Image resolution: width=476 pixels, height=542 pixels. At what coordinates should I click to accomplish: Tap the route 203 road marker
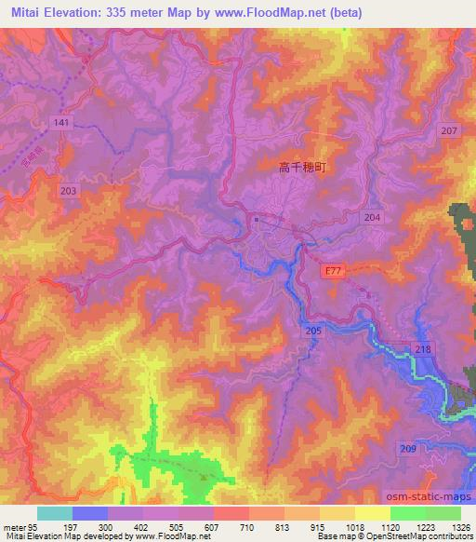pos(68,189)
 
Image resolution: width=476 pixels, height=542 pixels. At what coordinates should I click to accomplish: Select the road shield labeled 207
pos(449,131)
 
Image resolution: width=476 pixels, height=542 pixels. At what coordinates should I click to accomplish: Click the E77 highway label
pos(335,271)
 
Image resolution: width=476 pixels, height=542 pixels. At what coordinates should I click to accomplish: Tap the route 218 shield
pos(422,348)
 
